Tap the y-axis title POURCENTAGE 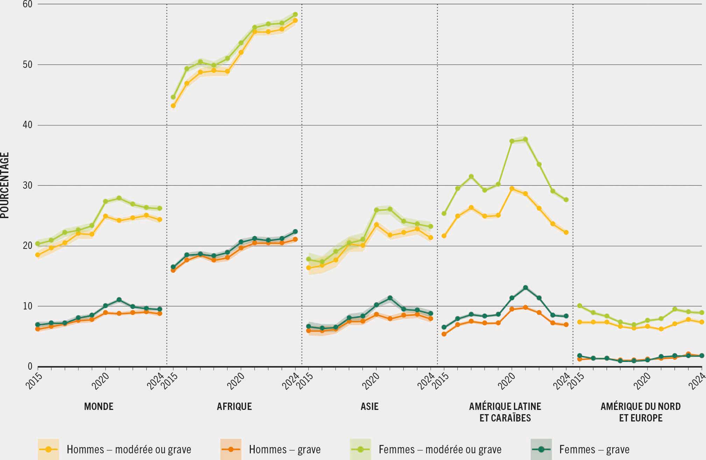point(5,186)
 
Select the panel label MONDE point(99,406)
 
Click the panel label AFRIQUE point(234,406)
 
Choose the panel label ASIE point(369,406)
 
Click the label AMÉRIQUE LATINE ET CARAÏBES point(505,412)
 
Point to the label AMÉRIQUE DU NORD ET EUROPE point(641,412)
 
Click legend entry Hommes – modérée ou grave point(129,449)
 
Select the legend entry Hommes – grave point(284,449)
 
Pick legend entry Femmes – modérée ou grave point(440,449)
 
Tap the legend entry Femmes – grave point(594,449)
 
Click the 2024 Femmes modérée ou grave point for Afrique point(295,14)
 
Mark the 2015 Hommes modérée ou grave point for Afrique point(173,106)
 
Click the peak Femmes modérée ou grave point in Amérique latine point(525,139)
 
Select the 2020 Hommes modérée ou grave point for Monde point(105,216)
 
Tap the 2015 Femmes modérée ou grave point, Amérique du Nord point(579,306)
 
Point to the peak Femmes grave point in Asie point(390,298)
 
